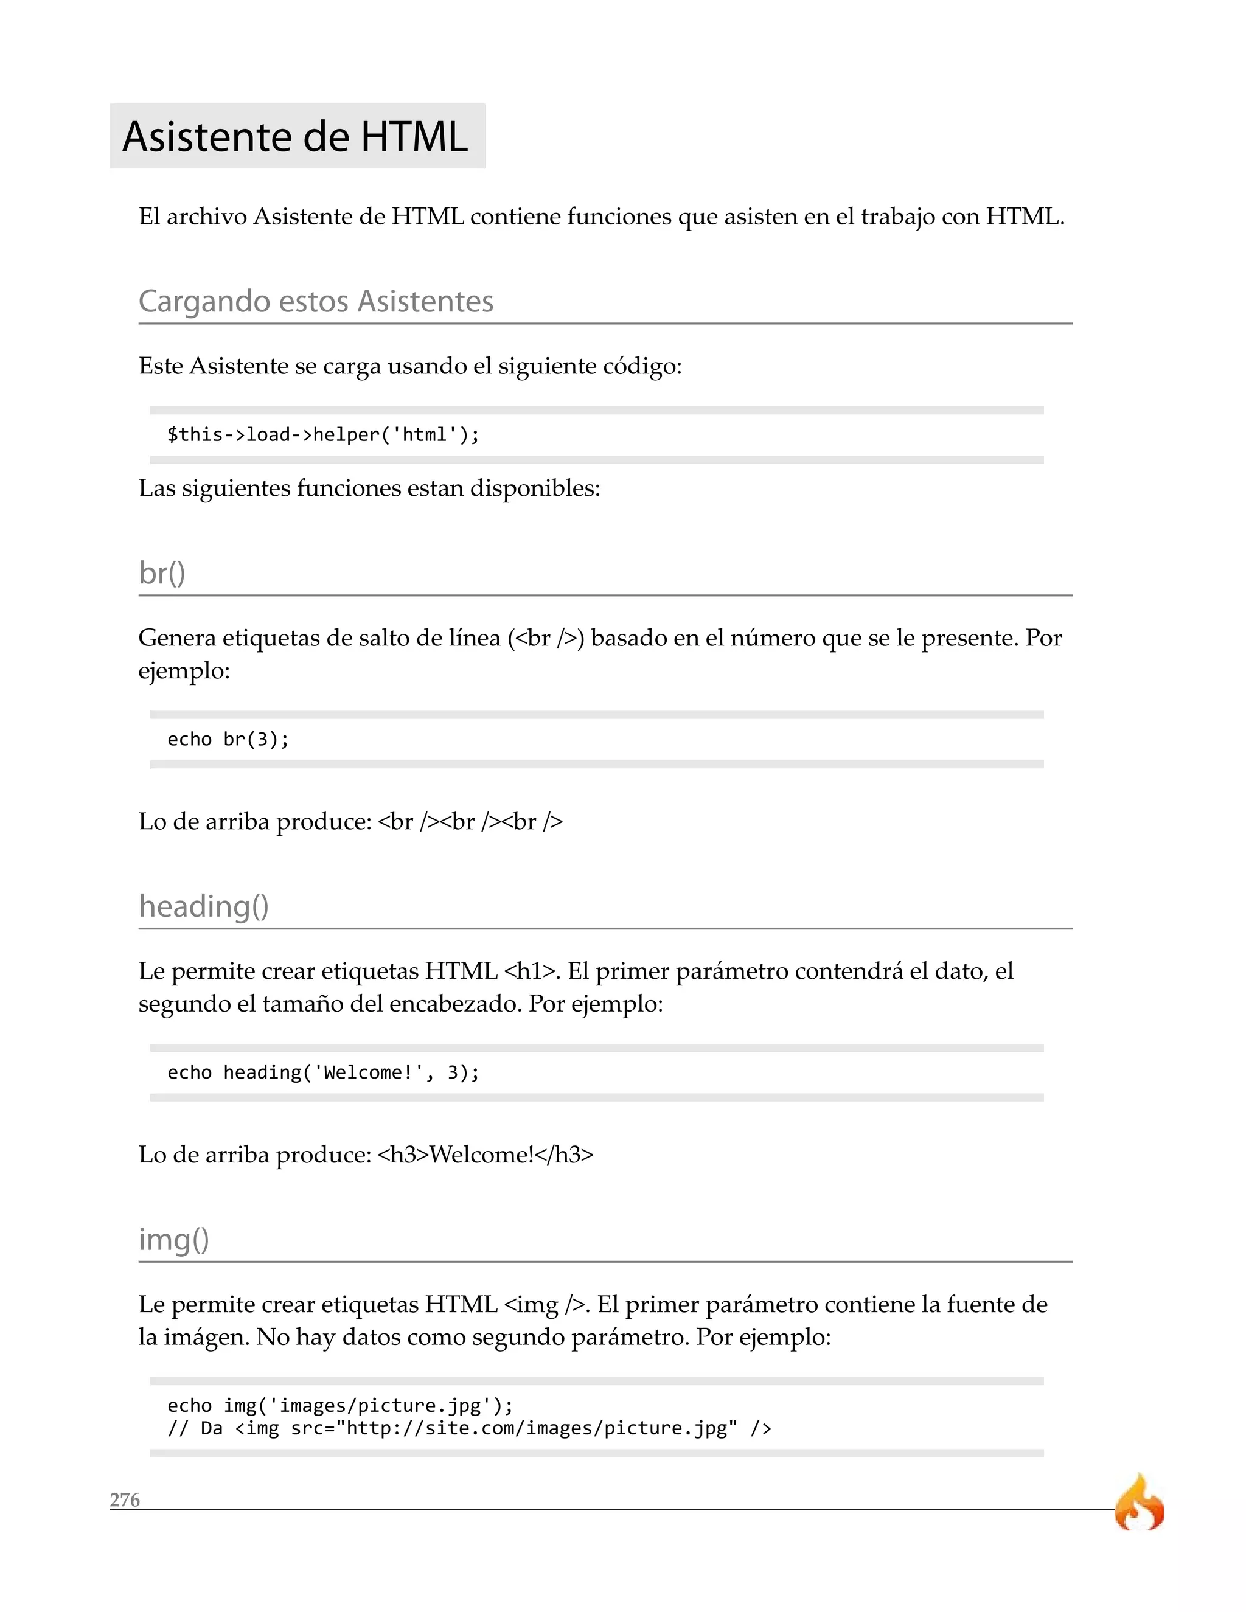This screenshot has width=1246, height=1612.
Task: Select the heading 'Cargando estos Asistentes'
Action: pos(316,301)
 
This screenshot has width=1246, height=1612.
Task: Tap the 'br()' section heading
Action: pos(162,573)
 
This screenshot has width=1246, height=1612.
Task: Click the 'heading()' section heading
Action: pos(204,906)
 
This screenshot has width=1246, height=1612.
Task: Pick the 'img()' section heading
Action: pos(174,1239)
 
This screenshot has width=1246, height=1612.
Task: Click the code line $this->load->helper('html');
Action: pos(323,435)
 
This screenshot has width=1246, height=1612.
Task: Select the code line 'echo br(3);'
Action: pos(228,740)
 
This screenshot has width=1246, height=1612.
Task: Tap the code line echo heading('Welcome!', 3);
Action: pos(323,1072)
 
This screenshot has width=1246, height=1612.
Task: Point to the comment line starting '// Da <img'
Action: pos(468,1428)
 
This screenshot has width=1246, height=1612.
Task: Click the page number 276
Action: pos(125,1500)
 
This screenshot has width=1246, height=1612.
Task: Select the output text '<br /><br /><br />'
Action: pos(470,821)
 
